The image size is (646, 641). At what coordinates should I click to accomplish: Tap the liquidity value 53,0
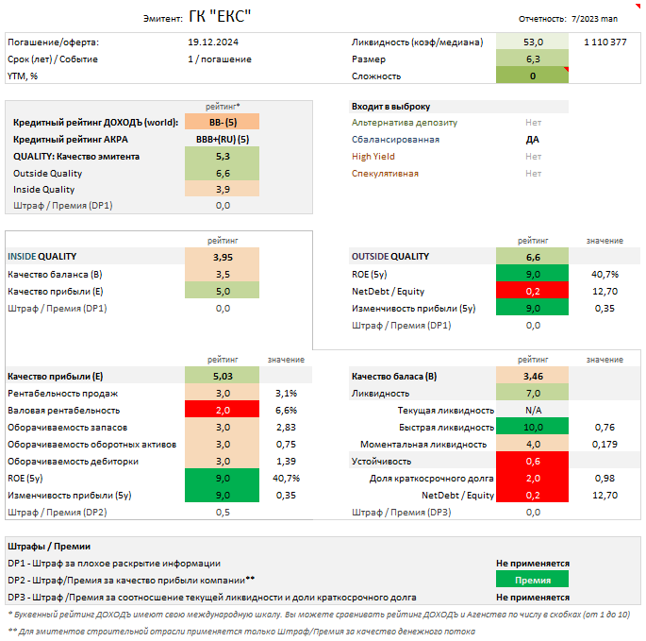[533, 42]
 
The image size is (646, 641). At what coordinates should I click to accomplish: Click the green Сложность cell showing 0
[533, 76]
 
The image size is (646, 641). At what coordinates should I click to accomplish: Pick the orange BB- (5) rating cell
[222, 122]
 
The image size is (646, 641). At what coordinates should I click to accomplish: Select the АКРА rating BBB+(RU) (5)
[222, 139]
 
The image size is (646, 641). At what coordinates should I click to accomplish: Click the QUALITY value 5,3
[222, 156]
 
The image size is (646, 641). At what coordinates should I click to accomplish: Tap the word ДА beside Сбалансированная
[533, 139]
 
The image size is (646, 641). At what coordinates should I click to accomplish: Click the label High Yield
[373, 156]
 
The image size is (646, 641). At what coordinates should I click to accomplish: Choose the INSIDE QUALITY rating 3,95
[222, 256]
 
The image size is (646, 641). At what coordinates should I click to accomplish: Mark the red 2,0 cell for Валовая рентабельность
[222, 410]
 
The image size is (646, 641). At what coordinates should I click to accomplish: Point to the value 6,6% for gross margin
[286, 410]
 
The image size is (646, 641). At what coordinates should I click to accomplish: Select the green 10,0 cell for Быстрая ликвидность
[533, 427]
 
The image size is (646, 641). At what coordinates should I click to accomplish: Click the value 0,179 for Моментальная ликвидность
[605, 444]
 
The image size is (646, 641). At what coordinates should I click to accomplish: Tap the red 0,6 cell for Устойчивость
[533, 461]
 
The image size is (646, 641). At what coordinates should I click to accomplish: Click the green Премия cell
[533, 580]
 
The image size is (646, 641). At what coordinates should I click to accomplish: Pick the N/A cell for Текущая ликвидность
[533, 410]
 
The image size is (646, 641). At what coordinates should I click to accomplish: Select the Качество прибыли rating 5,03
[222, 376]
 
